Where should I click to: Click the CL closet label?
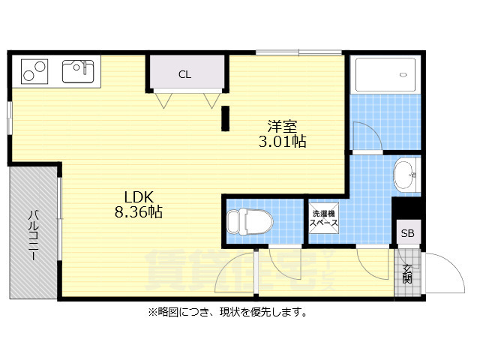[x=184, y=73]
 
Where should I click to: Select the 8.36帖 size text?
[x=139, y=212]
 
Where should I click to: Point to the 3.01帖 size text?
[x=283, y=141]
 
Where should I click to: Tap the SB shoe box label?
[x=407, y=233]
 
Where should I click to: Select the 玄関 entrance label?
[x=407, y=274]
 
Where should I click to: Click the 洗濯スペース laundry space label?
[x=325, y=218]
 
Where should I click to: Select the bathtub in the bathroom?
[x=385, y=75]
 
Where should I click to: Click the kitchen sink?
[x=77, y=72]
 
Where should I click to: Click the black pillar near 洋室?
[x=224, y=118]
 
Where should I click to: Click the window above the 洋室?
[x=298, y=52]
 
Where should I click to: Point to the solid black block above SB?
[x=407, y=208]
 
